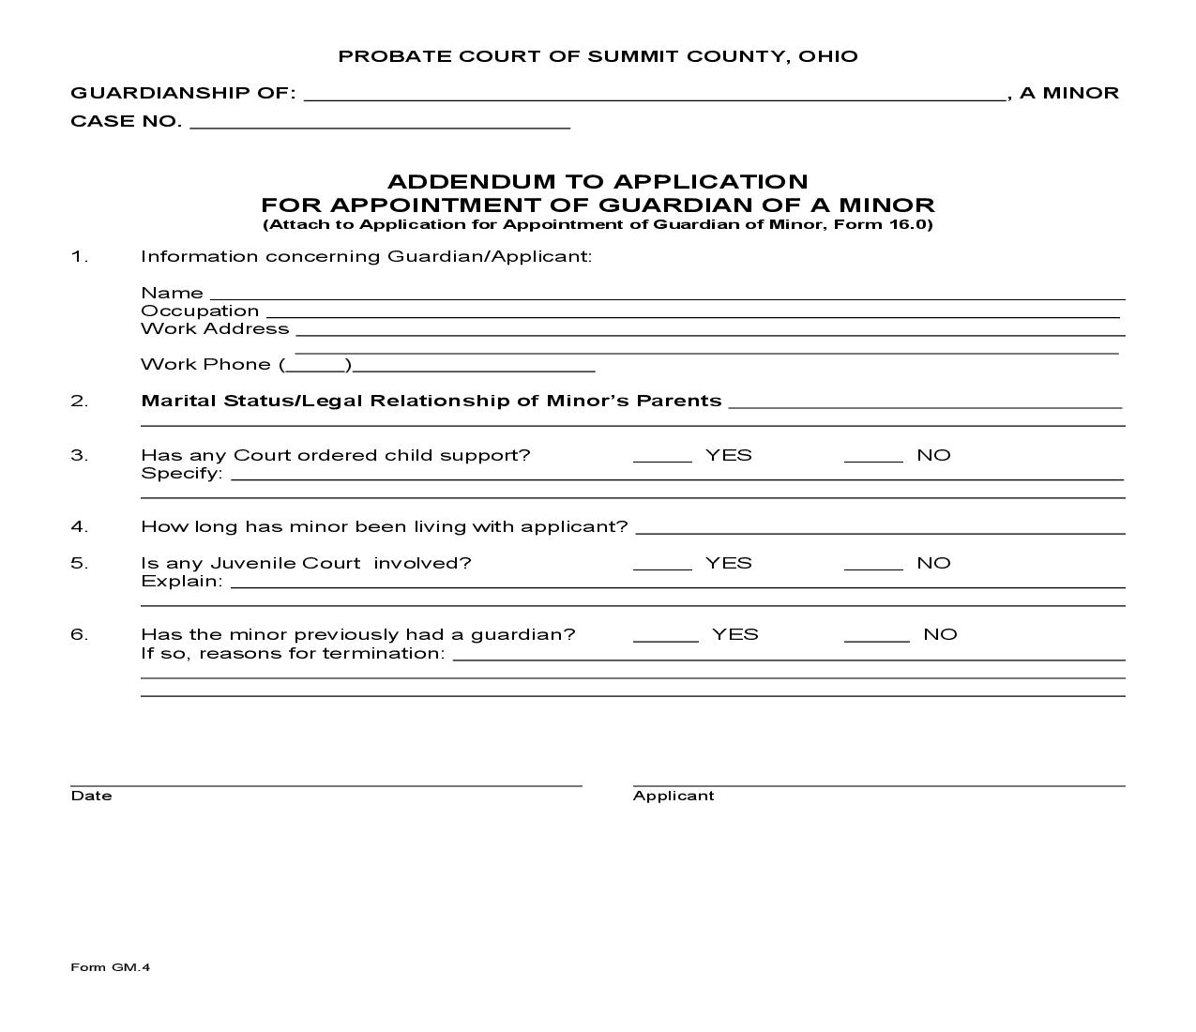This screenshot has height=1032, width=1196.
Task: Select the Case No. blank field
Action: [x=380, y=121]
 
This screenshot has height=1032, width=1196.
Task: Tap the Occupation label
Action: [x=200, y=311]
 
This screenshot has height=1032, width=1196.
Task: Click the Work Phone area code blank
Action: [x=315, y=364]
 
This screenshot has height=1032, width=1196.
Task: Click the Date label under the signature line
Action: [x=91, y=796]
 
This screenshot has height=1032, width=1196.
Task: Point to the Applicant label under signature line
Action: [x=674, y=796]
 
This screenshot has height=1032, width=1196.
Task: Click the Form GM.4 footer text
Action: [x=110, y=967]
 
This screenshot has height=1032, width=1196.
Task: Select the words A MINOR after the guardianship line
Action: [x=1069, y=93]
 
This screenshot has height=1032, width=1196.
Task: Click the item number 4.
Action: [x=79, y=526]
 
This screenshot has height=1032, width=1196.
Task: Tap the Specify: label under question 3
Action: [x=182, y=473]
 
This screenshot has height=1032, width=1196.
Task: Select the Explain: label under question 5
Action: [x=182, y=581]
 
